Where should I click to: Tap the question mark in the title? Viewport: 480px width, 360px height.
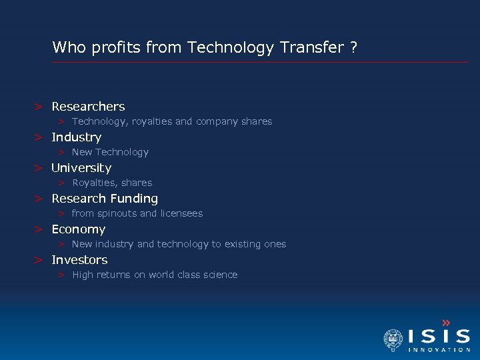click(x=353, y=47)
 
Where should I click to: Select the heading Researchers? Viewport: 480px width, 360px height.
click(x=88, y=107)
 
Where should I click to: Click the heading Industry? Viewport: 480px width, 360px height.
click(x=77, y=137)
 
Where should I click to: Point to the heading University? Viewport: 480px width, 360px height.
click(x=81, y=168)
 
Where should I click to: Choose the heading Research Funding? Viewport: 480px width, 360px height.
click(x=105, y=199)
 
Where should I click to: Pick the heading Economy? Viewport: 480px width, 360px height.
click(x=79, y=229)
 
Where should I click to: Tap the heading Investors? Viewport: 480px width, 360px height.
click(x=79, y=260)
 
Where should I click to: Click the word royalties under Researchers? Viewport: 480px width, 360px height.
click(x=153, y=122)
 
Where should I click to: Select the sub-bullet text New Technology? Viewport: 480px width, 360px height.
click(x=110, y=153)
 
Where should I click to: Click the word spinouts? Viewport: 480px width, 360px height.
click(x=117, y=214)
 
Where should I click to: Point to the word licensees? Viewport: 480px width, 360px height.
click(x=181, y=214)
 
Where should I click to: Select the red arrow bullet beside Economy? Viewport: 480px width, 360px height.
click(x=39, y=229)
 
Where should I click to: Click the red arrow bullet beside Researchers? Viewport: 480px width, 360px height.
click(x=39, y=107)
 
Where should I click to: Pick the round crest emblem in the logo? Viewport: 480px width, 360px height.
click(x=393, y=339)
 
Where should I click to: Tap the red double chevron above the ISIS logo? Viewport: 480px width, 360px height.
click(x=446, y=323)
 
